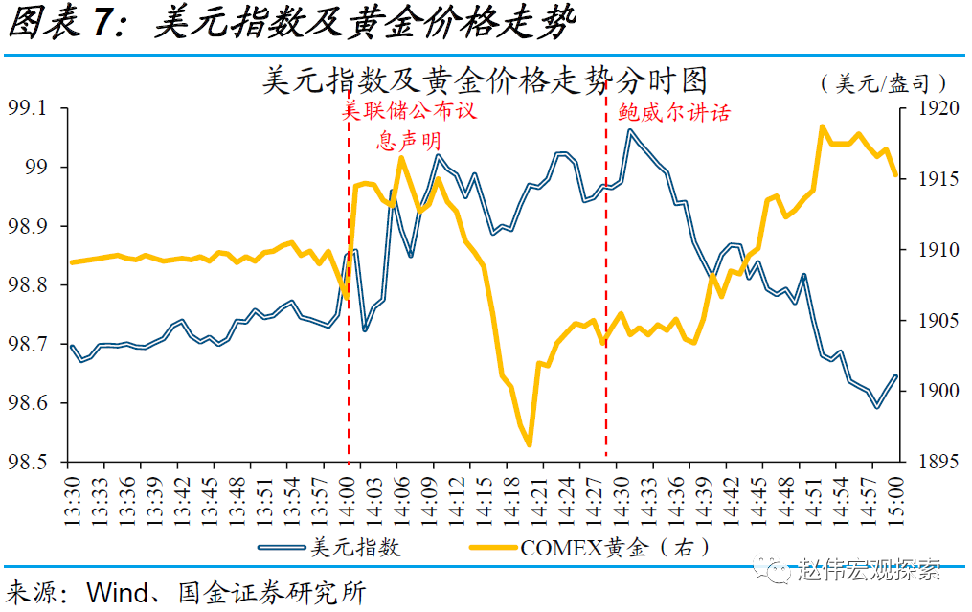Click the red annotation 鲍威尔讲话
[674, 112]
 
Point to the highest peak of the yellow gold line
[823, 125]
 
